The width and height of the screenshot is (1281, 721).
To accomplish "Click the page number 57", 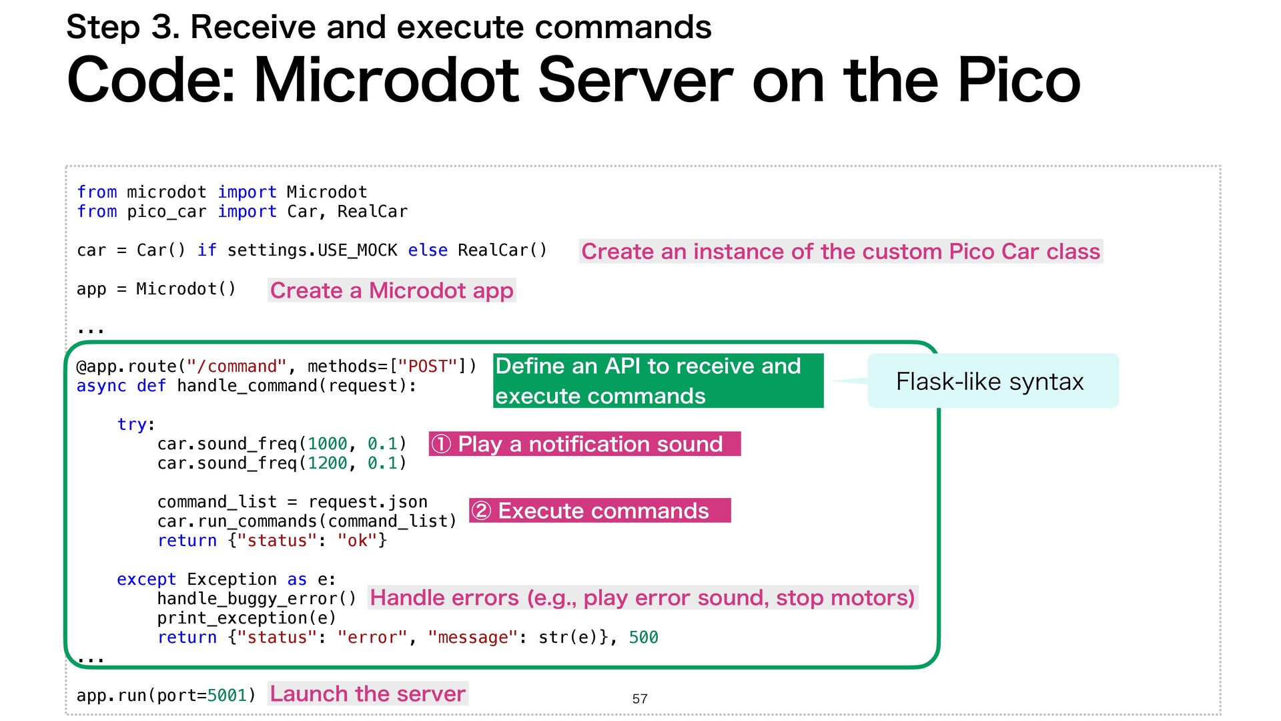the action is click(x=639, y=698).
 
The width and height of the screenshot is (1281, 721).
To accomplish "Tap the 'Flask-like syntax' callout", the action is click(x=992, y=381).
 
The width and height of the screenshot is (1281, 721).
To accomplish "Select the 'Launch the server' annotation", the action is click(x=368, y=694).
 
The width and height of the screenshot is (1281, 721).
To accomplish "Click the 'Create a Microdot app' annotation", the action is click(x=392, y=290).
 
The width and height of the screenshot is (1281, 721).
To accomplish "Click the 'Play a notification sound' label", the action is click(x=584, y=444).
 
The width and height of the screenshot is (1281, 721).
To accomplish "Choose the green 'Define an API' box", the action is click(x=658, y=381).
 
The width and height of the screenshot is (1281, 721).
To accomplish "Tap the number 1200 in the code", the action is click(x=327, y=463).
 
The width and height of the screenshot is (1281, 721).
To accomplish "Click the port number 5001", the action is click(x=227, y=696).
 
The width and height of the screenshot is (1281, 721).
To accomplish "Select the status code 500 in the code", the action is click(x=643, y=638).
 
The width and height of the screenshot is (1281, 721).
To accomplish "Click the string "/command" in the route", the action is click(x=236, y=367).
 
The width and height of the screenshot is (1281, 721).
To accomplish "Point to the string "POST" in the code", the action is click(x=428, y=367).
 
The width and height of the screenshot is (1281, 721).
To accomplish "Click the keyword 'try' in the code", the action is click(x=132, y=425).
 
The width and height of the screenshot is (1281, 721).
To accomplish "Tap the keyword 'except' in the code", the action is click(x=147, y=579).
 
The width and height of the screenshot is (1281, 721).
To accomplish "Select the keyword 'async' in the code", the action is click(x=101, y=386).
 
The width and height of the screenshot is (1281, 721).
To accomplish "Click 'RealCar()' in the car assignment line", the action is click(x=502, y=250).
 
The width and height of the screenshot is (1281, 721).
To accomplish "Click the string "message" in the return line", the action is click(x=473, y=638).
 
